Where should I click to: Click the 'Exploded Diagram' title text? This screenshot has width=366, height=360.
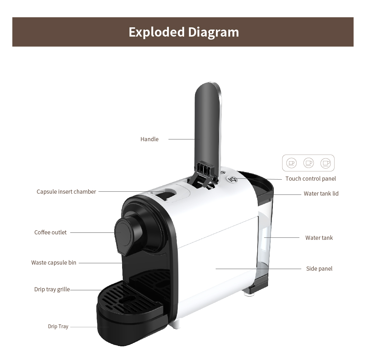(x=184, y=32)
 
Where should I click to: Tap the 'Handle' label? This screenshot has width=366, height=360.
(x=149, y=139)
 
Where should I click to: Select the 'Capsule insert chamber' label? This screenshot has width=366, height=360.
(x=66, y=192)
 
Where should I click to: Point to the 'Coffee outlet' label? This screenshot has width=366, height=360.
(x=51, y=232)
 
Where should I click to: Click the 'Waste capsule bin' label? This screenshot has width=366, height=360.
(x=54, y=263)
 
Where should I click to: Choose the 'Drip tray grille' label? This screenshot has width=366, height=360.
(x=52, y=289)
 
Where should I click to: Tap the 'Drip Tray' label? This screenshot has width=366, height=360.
(x=58, y=326)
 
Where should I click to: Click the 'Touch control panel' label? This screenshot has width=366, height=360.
(x=310, y=179)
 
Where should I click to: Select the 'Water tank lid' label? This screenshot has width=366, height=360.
(x=321, y=194)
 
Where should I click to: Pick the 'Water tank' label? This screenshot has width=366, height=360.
(x=319, y=238)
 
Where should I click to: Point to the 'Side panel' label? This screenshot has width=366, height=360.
(x=319, y=268)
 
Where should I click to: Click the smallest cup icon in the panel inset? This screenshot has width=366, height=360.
(x=291, y=163)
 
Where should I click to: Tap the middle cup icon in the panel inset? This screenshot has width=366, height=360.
(x=308, y=163)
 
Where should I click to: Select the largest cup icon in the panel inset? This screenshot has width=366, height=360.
(x=326, y=163)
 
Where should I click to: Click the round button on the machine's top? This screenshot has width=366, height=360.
(x=232, y=180)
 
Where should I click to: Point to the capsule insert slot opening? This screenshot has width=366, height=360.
(x=165, y=195)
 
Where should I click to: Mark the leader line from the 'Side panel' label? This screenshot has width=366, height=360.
(x=259, y=269)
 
